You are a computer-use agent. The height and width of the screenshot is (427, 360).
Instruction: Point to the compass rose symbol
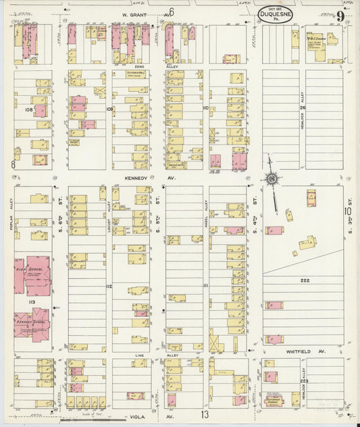click(272, 178)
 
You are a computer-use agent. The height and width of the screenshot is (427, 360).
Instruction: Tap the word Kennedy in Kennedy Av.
click(136, 179)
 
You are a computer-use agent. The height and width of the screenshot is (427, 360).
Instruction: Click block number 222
click(305, 279)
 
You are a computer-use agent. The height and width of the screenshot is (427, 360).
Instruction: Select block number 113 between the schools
click(31, 302)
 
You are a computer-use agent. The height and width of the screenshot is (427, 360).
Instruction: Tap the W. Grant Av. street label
click(136, 14)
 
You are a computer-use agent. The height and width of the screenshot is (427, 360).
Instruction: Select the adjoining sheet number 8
click(13, 164)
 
